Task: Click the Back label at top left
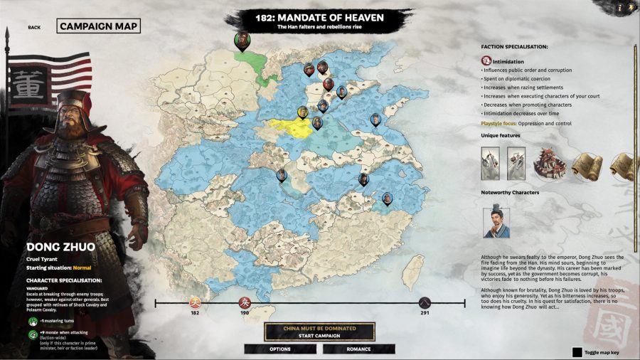(x=35, y=28)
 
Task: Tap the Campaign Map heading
(x=98, y=26)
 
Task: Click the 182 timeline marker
(x=195, y=303)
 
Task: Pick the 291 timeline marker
(x=425, y=303)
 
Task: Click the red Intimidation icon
(x=486, y=62)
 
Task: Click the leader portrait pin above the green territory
(x=242, y=39)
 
